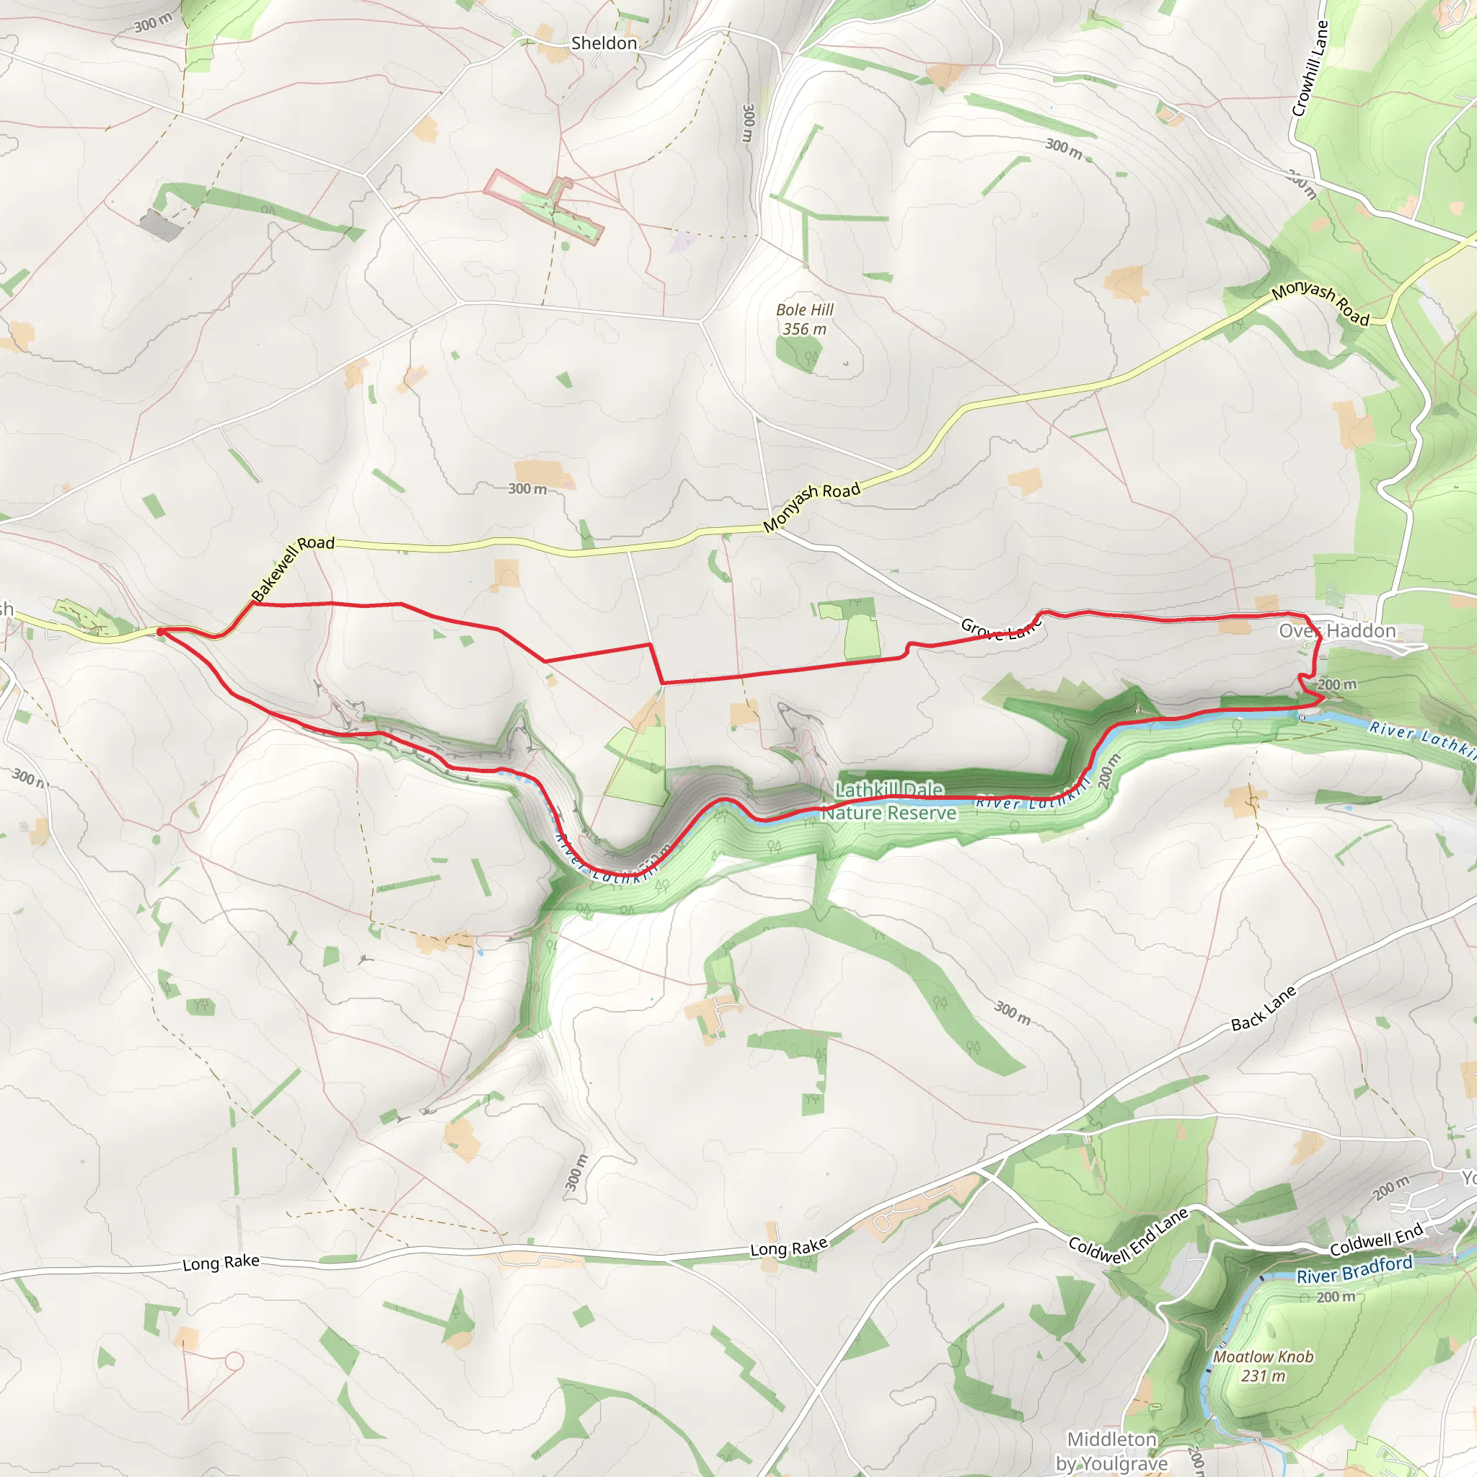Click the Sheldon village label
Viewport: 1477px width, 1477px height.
(603, 43)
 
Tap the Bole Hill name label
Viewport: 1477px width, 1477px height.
(804, 309)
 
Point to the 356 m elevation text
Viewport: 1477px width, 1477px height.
(804, 330)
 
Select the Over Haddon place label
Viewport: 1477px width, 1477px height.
(1337, 631)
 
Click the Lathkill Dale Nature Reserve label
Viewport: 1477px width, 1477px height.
(889, 801)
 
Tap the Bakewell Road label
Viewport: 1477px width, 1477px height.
(293, 568)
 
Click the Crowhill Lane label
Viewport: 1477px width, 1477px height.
(1310, 68)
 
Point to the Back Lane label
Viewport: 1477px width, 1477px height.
(1264, 1008)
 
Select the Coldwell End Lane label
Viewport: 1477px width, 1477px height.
(1128, 1235)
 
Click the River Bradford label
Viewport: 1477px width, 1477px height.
(1354, 1269)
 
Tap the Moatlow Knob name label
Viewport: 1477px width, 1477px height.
(1263, 1357)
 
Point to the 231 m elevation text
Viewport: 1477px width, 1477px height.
(1263, 1376)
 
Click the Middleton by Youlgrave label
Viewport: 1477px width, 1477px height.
(1111, 1451)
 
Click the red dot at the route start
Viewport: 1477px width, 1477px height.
(161, 632)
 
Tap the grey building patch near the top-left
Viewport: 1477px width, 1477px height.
(161, 226)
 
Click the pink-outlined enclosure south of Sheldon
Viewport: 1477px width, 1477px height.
(543, 205)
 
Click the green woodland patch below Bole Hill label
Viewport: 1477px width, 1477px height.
(799, 354)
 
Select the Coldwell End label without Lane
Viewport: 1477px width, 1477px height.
(1376, 1239)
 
